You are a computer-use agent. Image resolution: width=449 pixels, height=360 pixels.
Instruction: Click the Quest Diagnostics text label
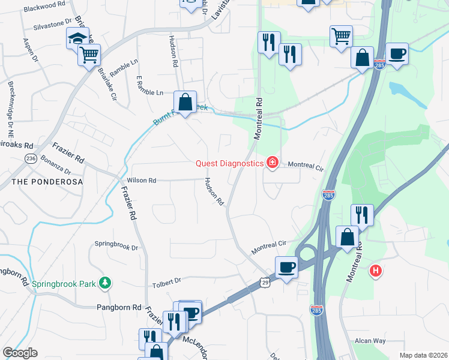pyautogui.click(x=229, y=163)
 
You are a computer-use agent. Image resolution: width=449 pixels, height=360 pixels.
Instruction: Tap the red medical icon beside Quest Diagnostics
pyautogui.click(x=272, y=163)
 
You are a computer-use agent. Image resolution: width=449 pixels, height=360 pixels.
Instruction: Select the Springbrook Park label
pyautogui.click(x=65, y=283)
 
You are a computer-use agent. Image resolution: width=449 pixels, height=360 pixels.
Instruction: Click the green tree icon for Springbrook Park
pyautogui.click(x=105, y=282)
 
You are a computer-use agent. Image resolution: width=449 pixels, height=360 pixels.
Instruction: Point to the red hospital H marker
pyautogui.click(x=376, y=271)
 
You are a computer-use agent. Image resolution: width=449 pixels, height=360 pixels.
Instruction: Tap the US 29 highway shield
pyautogui.click(x=265, y=281)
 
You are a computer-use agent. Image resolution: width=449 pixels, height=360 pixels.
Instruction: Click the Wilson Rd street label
pyautogui.click(x=142, y=180)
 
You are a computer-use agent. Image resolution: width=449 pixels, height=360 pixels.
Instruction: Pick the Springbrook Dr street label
pyautogui.click(x=116, y=246)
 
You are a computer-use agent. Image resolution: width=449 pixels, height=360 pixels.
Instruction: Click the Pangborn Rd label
pyautogui.click(x=119, y=307)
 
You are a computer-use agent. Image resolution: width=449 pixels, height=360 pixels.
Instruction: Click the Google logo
pyautogui.click(x=20, y=353)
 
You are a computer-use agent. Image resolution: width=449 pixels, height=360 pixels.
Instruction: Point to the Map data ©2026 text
pyautogui.click(x=423, y=355)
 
